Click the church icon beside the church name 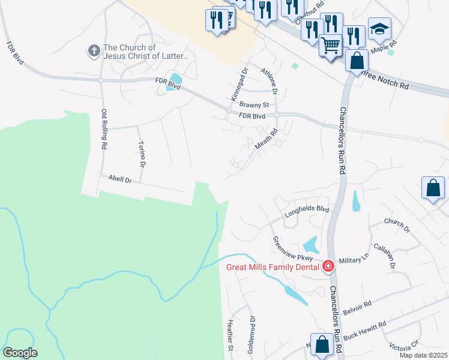(94, 51)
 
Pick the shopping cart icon (331, 44)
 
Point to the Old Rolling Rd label (104, 128)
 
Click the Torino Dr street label (142, 154)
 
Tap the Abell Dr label (120, 179)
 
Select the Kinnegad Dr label (236, 85)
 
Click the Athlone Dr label (268, 82)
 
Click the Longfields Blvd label (307, 209)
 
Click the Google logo (20, 353)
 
